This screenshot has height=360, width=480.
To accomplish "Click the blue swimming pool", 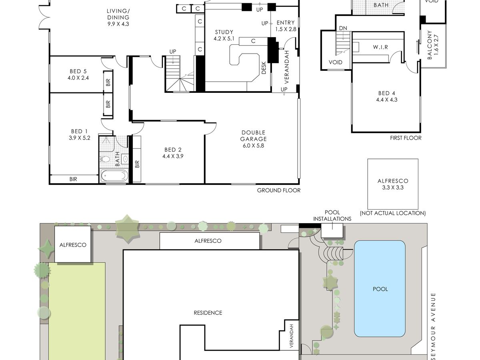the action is (x=380, y=288).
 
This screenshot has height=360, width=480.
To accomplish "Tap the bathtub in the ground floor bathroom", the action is (x=114, y=176).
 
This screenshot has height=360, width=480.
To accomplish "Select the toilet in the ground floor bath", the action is (x=105, y=159).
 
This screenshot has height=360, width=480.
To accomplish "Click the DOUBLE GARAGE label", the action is (x=254, y=136).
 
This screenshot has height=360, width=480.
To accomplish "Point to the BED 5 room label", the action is (x=78, y=71).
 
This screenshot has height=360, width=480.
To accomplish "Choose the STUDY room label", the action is (x=224, y=32).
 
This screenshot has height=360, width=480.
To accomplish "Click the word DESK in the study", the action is (x=264, y=68).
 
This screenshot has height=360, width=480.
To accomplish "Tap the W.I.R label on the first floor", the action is (x=380, y=47).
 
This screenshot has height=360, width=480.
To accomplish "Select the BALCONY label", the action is (x=430, y=45).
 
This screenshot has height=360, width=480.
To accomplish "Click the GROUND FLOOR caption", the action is (x=278, y=190).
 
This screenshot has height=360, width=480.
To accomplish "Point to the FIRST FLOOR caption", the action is (x=406, y=138).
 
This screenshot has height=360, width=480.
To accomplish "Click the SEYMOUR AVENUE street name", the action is (x=434, y=326).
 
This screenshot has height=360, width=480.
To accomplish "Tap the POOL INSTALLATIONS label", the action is (x=332, y=216).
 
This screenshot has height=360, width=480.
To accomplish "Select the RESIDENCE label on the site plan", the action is (x=208, y=313).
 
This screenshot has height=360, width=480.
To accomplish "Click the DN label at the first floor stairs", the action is (x=343, y=28).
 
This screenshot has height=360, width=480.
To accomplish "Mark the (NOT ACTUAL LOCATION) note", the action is (x=393, y=213).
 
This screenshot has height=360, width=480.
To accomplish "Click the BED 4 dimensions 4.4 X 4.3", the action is (x=387, y=100).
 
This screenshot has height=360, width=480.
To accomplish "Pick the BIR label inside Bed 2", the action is (x=137, y=164).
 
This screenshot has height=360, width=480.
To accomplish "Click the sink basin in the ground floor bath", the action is (x=125, y=159).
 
